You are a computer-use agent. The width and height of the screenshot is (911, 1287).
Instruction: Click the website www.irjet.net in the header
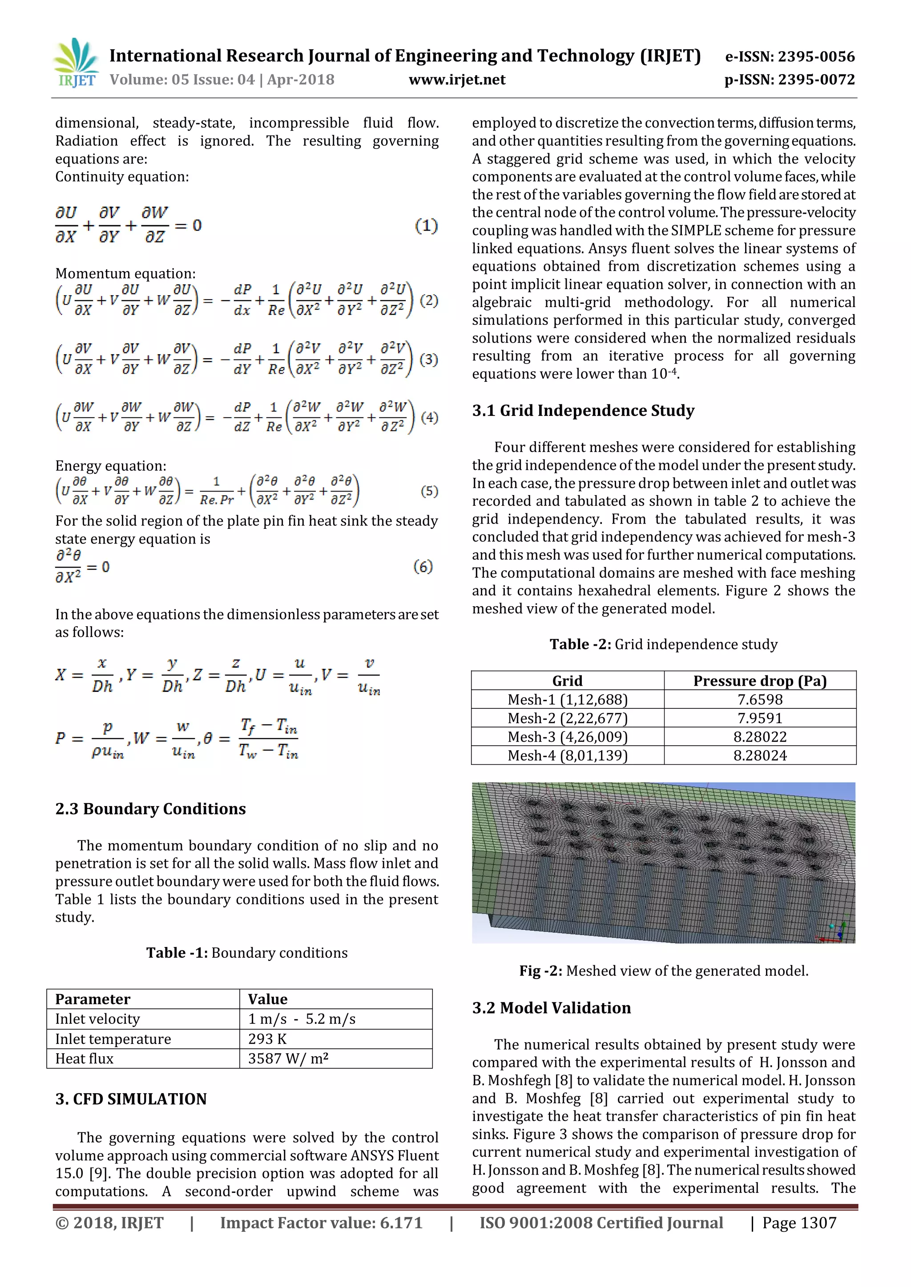click(457, 80)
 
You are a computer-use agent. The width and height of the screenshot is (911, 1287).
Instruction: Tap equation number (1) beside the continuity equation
click(426, 226)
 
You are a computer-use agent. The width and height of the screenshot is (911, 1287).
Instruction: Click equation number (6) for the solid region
click(423, 567)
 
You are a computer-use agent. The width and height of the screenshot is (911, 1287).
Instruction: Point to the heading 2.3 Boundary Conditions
click(150, 809)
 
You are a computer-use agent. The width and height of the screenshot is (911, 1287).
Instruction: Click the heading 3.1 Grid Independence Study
click(583, 411)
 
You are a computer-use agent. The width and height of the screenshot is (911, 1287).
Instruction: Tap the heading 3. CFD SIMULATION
click(131, 1099)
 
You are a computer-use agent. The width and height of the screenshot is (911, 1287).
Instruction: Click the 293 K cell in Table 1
click(268, 1039)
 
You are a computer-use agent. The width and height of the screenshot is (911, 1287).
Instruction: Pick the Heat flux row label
click(84, 1058)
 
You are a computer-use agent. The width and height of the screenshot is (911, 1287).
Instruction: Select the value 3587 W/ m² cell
click(288, 1058)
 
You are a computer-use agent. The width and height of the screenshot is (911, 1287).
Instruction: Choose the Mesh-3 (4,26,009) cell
click(567, 736)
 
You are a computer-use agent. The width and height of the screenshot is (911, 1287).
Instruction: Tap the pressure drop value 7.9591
click(760, 718)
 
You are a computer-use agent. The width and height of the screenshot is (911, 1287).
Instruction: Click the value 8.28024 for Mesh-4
click(760, 755)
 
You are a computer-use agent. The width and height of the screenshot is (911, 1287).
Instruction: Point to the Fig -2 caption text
click(664, 971)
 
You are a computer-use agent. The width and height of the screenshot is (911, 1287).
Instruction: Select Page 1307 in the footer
click(799, 1223)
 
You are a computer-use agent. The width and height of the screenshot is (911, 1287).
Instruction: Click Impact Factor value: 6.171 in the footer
click(321, 1223)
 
